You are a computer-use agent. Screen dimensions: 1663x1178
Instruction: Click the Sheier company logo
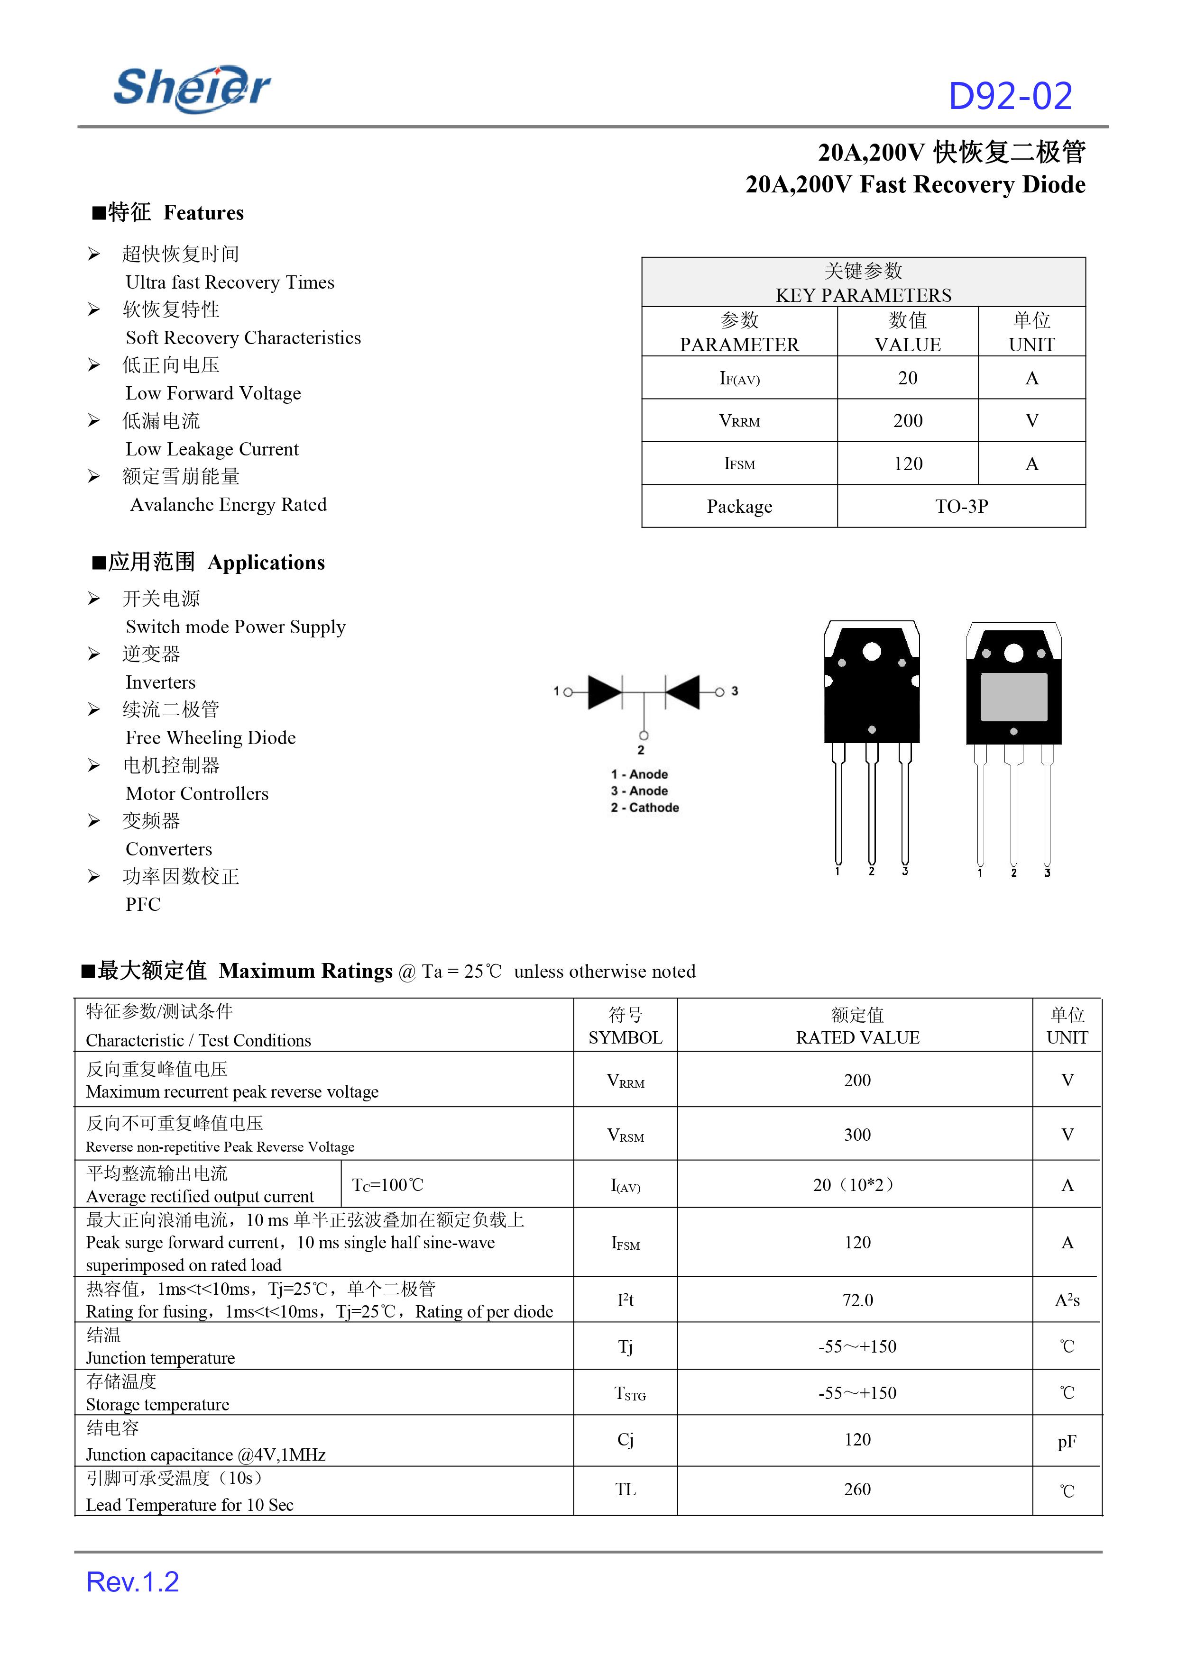click(x=192, y=89)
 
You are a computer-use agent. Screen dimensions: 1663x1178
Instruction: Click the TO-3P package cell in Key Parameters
click(x=961, y=506)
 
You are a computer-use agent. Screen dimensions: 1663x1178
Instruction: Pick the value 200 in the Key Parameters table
click(x=907, y=420)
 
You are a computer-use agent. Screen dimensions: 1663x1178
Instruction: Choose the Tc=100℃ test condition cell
click(x=387, y=1184)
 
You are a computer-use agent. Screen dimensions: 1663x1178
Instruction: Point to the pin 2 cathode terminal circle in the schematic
click(x=644, y=735)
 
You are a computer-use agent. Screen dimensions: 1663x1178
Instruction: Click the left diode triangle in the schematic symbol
click(x=604, y=691)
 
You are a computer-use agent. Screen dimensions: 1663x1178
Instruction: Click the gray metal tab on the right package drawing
click(x=1013, y=697)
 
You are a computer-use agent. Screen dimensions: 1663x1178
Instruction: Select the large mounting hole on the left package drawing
click(x=871, y=652)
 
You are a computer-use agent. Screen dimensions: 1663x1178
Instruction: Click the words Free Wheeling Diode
click(x=211, y=737)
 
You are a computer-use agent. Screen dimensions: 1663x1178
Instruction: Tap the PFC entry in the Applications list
click(x=143, y=904)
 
